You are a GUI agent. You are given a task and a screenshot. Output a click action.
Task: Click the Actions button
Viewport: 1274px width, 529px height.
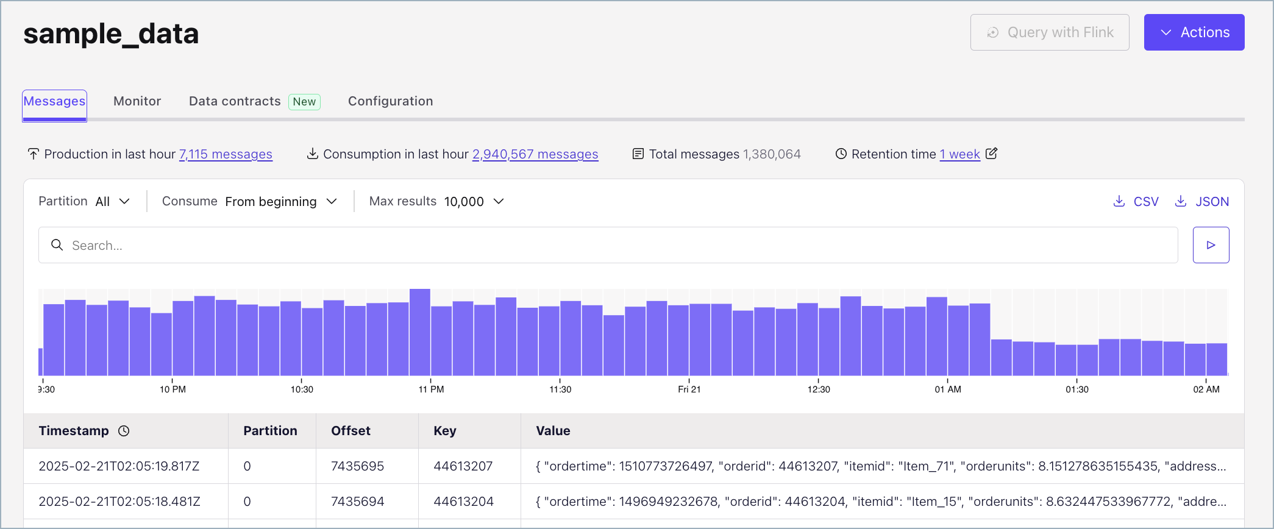click(x=1194, y=32)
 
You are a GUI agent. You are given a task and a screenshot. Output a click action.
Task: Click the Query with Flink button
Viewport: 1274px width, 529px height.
click(x=1049, y=32)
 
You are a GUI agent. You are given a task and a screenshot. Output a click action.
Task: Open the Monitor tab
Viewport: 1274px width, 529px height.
click(x=137, y=101)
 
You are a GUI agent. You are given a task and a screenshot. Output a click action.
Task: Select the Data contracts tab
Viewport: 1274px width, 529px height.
click(x=235, y=101)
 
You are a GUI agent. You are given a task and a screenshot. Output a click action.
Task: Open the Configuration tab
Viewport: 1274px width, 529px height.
click(x=390, y=101)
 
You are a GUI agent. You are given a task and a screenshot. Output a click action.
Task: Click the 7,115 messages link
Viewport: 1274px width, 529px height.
click(x=226, y=154)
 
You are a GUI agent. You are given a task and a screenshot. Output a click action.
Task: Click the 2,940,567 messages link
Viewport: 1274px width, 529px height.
click(x=535, y=154)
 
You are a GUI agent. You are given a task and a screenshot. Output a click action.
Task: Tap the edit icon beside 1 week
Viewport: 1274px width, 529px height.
click(x=992, y=154)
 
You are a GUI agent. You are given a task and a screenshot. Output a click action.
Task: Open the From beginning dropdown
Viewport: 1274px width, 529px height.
click(x=280, y=201)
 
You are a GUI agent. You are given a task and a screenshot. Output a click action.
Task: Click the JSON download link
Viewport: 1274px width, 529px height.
click(x=1202, y=202)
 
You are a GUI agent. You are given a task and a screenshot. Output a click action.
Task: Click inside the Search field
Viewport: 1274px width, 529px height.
click(x=610, y=245)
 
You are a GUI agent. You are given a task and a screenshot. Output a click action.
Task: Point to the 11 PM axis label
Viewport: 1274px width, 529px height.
click(x=431, y=389)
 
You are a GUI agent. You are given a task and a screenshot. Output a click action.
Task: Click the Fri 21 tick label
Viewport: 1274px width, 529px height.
click(x=689, y=389)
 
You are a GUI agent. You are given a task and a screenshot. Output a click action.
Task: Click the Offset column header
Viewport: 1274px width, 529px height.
click(x=351, y=431)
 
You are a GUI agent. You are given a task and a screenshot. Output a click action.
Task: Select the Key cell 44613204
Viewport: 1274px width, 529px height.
click(x=463, y=502)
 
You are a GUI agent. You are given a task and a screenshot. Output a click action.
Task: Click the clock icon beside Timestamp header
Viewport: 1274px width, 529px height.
click(x=124, y=431)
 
